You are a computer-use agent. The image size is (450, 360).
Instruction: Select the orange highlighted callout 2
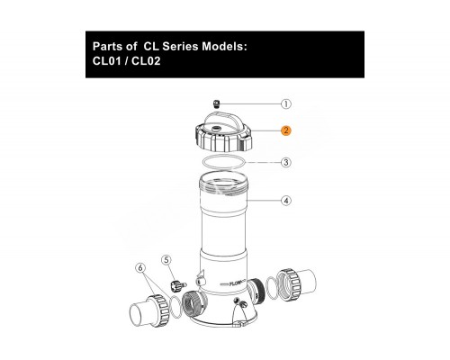(285, 130)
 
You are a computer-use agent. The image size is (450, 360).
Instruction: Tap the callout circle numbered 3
(285, 163)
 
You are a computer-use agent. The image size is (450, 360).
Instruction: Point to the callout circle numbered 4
(285, 200)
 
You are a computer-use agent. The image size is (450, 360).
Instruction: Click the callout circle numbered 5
(166, 261)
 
